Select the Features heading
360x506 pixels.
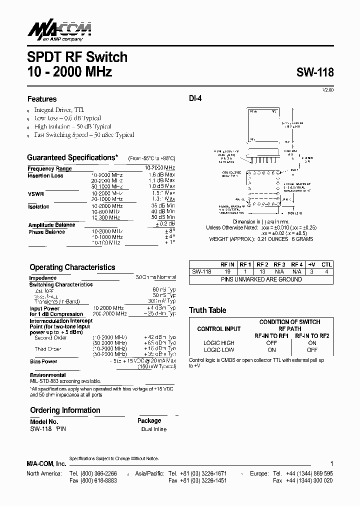[42, 99]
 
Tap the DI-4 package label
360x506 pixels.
[195, 99]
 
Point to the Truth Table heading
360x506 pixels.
[207, 310]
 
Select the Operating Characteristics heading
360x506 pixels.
[72, 267]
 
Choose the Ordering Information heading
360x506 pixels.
[65, 410]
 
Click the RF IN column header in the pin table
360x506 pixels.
[227, 264]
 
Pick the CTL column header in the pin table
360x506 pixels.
[326, 264]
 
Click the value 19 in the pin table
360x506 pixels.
[227, 271]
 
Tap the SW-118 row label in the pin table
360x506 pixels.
[201, 271]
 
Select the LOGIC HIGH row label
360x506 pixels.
[219, 343]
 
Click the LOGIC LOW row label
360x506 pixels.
[219, 350]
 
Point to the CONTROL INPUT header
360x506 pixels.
[219, 329]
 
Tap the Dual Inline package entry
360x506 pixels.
[154, 429]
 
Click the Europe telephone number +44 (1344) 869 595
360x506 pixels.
[309, 473]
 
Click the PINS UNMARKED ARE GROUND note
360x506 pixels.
[261, 279]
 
